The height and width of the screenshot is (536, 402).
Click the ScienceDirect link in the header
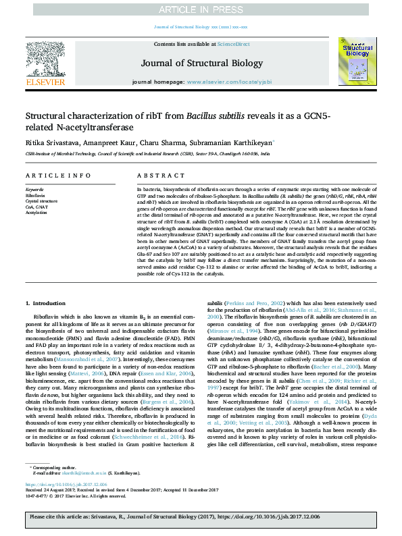coord(233,43)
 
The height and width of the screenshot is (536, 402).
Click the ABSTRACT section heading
coord(152,176)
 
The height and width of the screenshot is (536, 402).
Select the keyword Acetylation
coord(36,211)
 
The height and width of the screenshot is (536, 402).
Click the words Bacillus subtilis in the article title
coord(216,116)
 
